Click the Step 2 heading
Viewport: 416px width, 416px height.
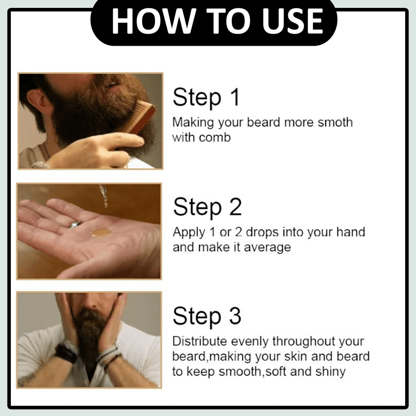tap(207, 207)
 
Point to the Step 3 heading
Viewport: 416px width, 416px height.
tap(207, 316)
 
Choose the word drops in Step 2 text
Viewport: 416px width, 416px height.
tap(262, 233)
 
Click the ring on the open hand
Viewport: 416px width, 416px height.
tap(76, 225)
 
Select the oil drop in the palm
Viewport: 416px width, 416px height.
tap(101, 233)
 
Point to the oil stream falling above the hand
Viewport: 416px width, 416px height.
tap(104, 196)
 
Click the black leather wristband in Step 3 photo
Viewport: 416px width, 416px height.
tap(64, 353)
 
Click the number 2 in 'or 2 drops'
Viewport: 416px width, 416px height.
tap(239, 232)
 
